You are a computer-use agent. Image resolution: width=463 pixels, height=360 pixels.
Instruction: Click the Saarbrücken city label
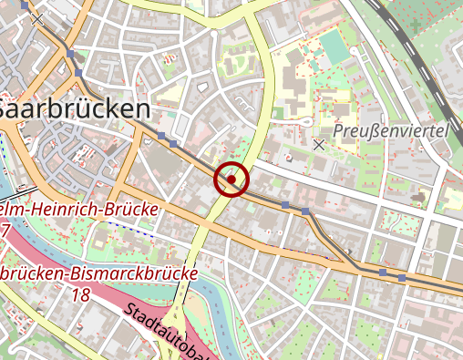point(75,108)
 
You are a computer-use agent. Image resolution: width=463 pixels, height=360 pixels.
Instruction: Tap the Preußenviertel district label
point(391,131)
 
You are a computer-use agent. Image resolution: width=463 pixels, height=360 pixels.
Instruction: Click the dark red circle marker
point(231,180)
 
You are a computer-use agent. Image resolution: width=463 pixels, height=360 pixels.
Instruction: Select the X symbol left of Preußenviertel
point(319,144)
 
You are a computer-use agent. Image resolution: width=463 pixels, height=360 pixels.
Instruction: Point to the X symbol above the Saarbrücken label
point(37,19)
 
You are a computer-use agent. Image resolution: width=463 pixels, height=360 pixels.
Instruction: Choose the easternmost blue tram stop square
point(402,275)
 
